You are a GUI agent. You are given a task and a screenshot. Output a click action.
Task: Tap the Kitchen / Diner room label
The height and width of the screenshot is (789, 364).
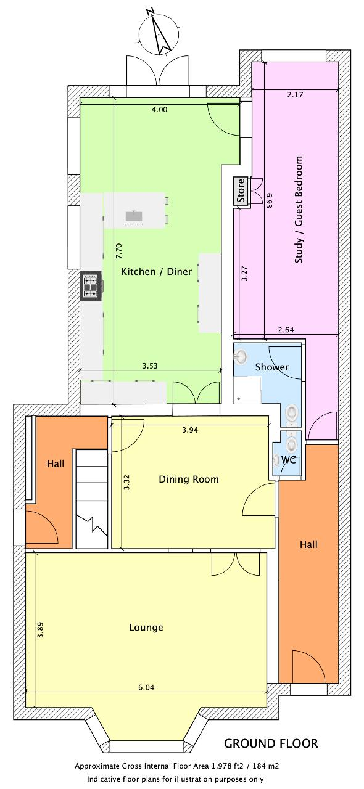(156, 272)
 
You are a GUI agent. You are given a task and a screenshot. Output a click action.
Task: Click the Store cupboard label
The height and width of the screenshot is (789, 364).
(241, 191)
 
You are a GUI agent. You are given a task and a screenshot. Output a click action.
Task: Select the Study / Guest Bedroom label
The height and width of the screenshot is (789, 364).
(299, 210)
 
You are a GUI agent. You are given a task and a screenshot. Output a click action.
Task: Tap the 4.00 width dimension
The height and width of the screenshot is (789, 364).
(159, 110)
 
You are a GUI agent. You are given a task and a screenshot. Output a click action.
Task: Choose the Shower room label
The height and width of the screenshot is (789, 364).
(271, 367)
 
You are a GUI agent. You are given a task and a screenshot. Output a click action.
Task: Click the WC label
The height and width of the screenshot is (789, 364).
(288, 460)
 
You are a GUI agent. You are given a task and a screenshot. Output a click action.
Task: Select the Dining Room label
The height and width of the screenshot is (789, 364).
(189, 479)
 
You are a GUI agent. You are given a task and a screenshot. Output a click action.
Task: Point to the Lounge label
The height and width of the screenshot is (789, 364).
(146, 627)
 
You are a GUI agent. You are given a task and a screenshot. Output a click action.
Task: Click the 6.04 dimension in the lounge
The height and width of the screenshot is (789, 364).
(146, 687)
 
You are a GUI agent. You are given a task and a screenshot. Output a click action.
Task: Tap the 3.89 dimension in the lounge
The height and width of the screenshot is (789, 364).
(40, 631)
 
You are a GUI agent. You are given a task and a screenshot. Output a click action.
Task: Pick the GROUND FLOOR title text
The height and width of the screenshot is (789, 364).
(271, 743)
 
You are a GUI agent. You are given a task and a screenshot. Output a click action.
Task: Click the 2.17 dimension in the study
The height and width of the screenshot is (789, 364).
(294, 95)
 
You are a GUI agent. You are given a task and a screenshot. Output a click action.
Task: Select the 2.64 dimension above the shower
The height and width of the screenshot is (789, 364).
(286, 330)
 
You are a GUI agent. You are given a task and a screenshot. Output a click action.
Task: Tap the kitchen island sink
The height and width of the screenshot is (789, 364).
(134, 216)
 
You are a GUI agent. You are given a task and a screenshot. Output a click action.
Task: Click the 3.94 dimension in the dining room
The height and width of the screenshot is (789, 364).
(190, 430)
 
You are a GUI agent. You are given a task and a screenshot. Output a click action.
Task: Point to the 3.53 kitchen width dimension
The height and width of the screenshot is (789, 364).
(149, 366)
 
